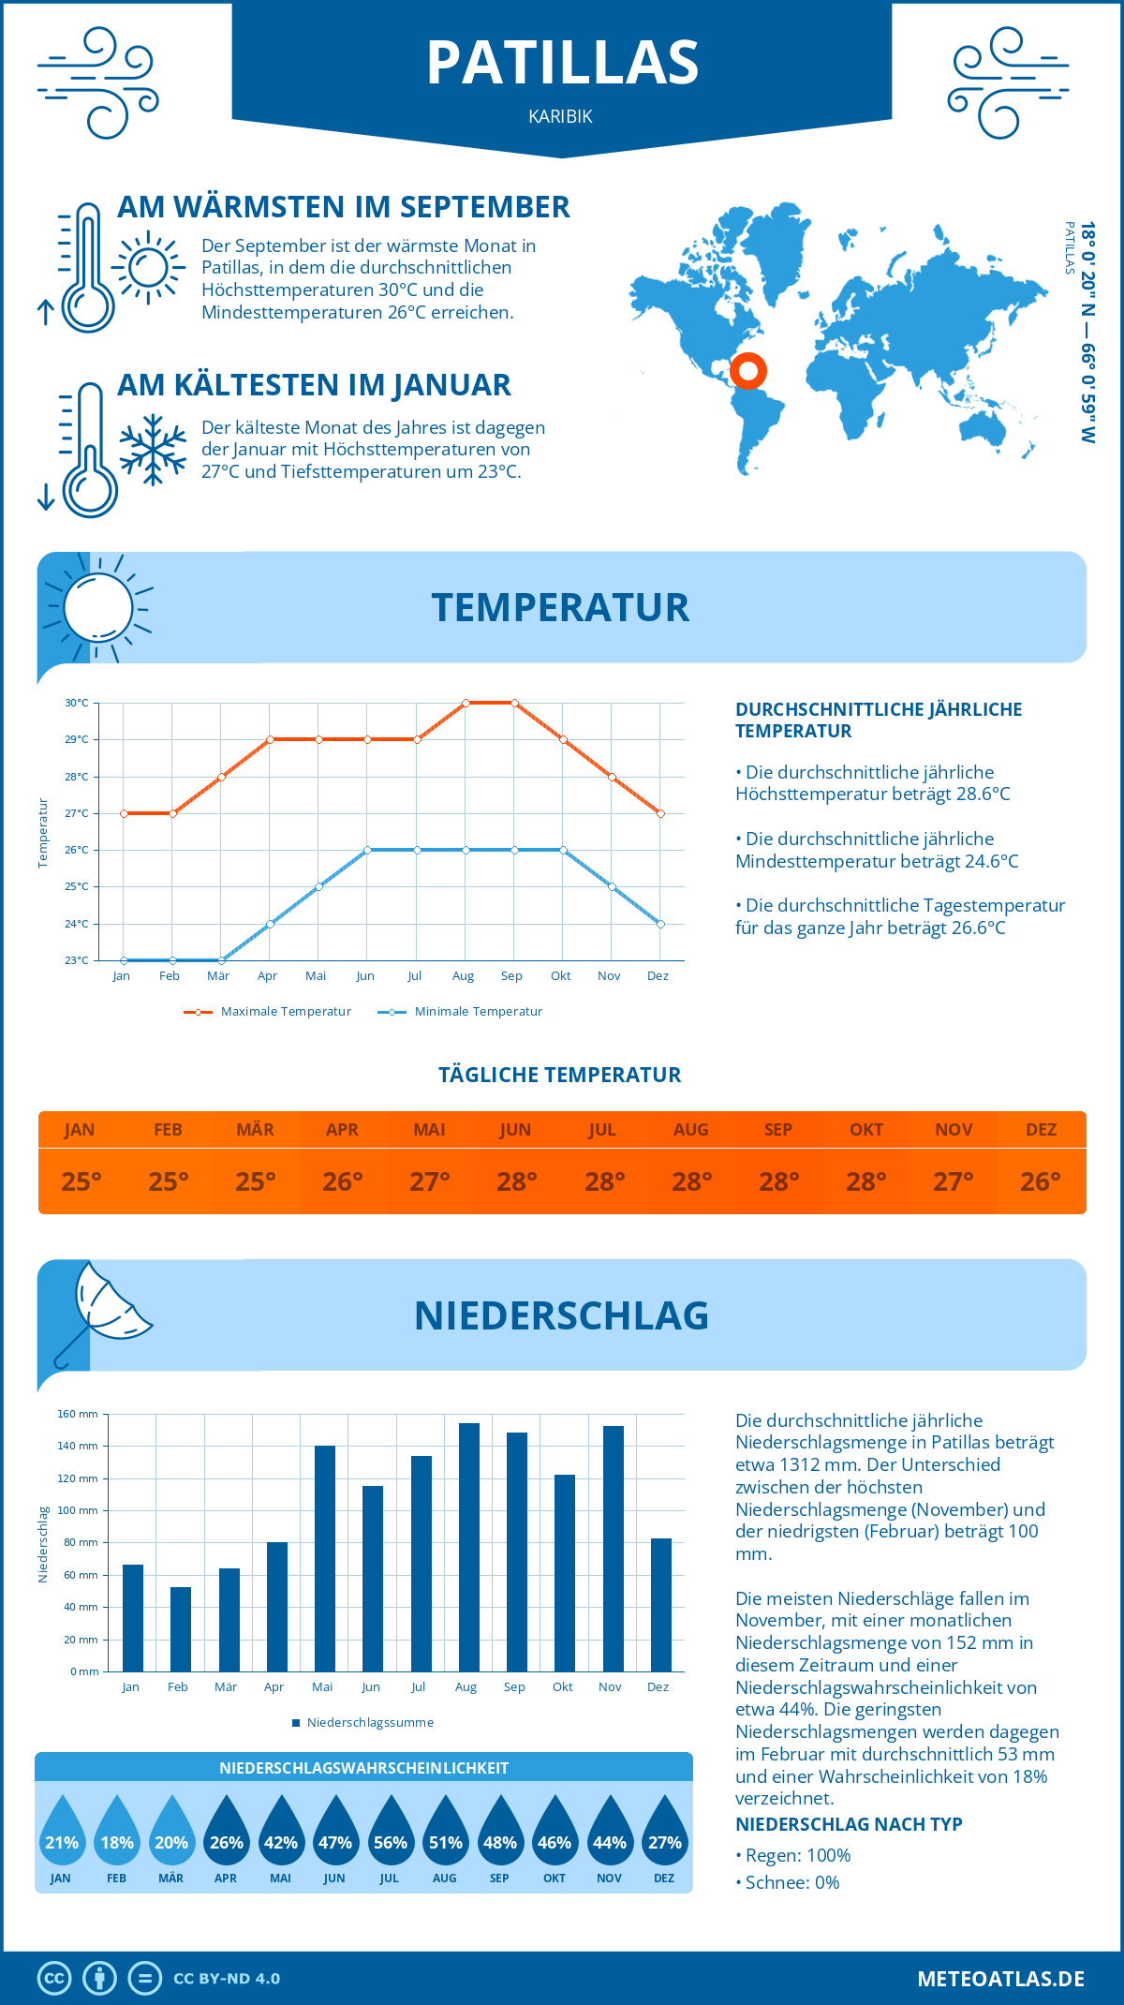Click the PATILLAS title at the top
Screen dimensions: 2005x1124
pos(562,63)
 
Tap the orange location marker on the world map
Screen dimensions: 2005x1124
pos(748,371)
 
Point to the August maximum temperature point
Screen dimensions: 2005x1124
pos(466,703)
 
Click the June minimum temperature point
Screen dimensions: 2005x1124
pos(368,850)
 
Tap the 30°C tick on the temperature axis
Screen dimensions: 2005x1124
pos(77,703)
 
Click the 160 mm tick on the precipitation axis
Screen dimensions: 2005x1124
pos(79,1414)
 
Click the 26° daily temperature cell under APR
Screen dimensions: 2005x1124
pos(343,1181)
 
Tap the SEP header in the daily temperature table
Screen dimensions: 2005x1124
pos(778,1130)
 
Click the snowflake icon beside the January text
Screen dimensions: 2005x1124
pos(153,450)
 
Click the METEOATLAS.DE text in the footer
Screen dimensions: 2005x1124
pos(1000,1979)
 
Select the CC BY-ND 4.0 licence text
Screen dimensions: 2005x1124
pos(227,1979)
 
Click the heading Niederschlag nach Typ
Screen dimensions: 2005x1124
pos(849,1824)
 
